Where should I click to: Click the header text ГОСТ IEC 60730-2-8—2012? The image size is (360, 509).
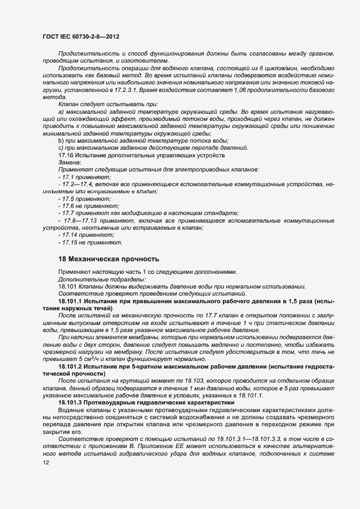(x=81, y=36)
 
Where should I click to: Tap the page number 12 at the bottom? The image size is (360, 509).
(x=46, y=463)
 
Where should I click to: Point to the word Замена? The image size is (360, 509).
(x=69, y=163)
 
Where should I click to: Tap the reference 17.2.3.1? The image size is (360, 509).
(x=123, y=88)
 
